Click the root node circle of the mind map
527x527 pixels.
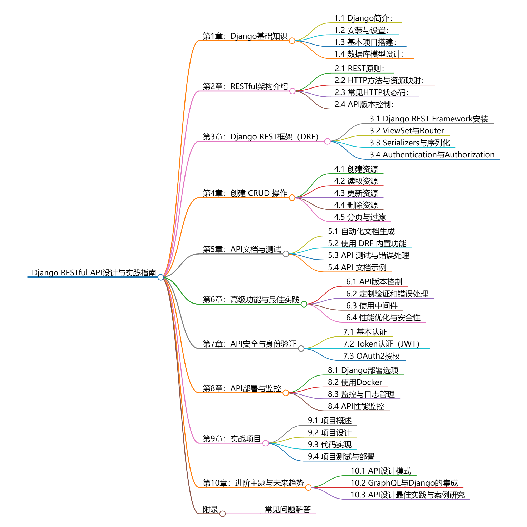161,277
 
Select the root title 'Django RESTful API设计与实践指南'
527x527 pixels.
94,272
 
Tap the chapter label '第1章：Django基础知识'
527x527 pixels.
245,36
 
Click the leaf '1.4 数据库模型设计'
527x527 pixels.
369,54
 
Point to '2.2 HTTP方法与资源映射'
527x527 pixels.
379,80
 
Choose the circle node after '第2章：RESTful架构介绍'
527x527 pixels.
292,91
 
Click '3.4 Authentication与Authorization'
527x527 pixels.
432,154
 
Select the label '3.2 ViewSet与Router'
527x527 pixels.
407,130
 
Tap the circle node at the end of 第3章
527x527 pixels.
327,141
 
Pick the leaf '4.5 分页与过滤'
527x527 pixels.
359,217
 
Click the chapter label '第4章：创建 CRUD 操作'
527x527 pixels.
245,193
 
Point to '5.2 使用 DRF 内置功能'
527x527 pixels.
367,243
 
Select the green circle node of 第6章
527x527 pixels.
304,304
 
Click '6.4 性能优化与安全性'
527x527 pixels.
383,317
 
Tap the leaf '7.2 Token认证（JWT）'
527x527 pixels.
381,344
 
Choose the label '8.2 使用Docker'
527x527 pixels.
355,382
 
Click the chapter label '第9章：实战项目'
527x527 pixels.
232,439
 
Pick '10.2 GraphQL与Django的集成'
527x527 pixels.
404,483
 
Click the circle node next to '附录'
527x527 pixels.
223,514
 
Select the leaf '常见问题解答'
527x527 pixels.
287,509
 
